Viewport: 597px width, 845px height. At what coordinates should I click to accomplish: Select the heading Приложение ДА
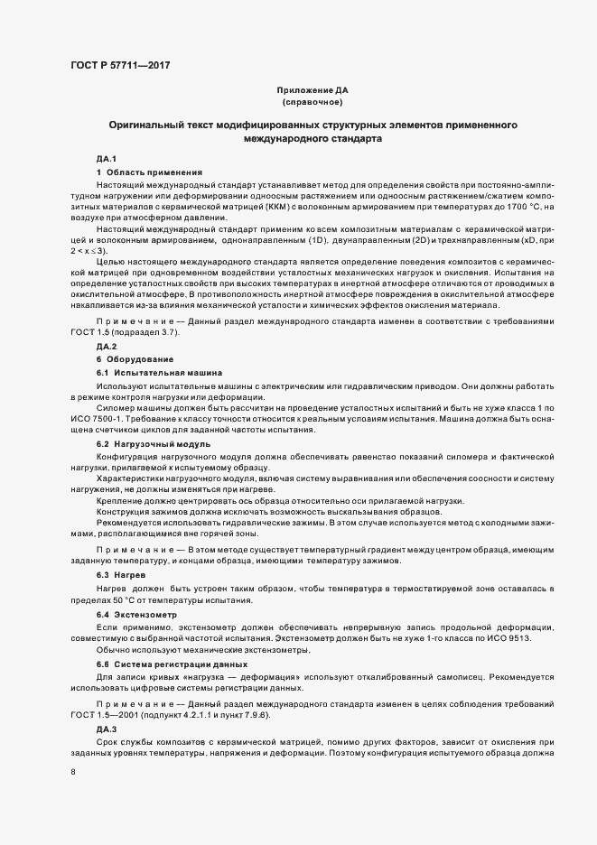click(312, 91)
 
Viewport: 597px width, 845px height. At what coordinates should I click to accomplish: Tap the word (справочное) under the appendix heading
click(312, 103)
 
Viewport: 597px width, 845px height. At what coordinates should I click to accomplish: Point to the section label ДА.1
click(107, 159)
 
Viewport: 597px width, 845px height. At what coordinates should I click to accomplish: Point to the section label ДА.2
click(107, 347)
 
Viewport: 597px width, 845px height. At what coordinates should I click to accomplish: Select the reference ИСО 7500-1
click(101, 420)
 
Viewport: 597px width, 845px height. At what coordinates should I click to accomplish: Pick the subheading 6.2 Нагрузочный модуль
click(154, 444)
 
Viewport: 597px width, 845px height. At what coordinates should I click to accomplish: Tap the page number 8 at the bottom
click(73, 772)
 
